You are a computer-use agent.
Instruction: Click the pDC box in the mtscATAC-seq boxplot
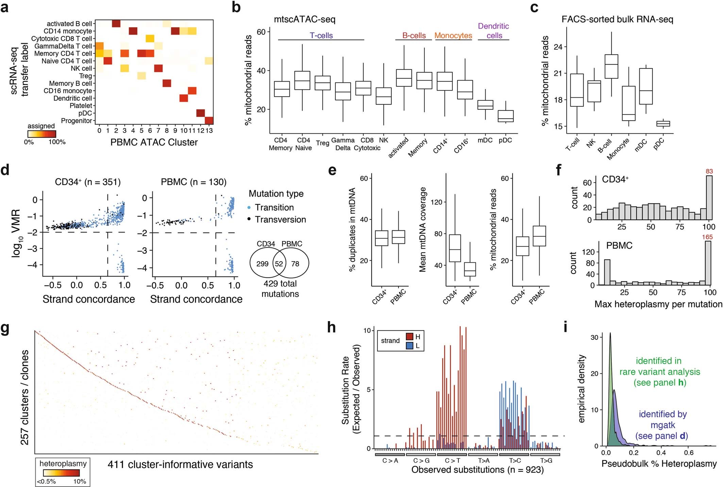coord(505,116)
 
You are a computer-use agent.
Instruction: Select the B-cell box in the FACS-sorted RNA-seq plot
coord(611,66)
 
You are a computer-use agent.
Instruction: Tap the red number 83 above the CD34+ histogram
coord(709,171)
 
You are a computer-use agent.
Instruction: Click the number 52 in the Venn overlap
coord(279,264)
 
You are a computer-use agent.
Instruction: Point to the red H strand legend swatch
coord(409,337)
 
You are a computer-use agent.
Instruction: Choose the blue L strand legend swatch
coord(409,346)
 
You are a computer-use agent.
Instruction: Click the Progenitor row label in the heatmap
coord(76,121)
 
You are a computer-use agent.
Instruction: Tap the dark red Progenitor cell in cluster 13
coord(209,120)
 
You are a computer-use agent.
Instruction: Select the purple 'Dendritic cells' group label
coord(493,31)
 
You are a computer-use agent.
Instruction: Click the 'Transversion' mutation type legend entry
coord(280,220)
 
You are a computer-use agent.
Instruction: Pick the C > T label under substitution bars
coord(452,461)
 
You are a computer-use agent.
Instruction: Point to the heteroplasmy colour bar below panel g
coord(61,473)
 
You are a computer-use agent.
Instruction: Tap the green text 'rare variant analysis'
coord(659,372)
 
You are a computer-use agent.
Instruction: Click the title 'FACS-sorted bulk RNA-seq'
coord(617,19)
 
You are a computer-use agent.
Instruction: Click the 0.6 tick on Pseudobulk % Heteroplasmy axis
coord(689,453)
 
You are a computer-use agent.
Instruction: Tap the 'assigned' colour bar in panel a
coord(42,134)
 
